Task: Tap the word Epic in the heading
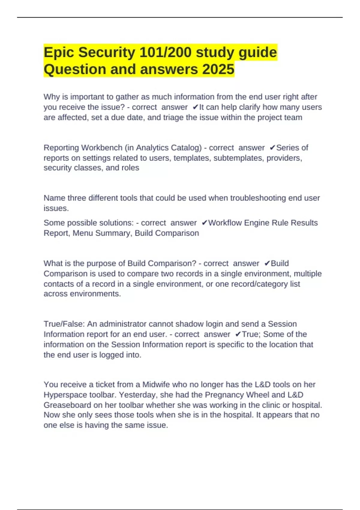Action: click(59, 52)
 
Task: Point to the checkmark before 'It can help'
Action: click(196, 107)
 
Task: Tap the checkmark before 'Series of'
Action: click(273, 148)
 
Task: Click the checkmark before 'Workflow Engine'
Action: click(205, 223)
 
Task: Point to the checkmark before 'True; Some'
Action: click(238, 334)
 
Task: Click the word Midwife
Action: click(156, 385)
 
